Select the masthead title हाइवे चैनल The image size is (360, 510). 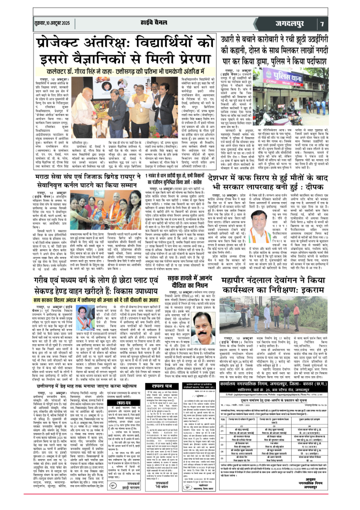135,23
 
